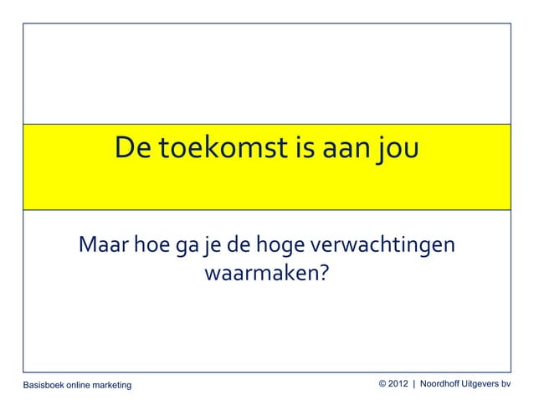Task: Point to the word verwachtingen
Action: tap(383, 249)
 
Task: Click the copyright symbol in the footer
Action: tap(383, 383)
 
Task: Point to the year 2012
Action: tap(399, 383)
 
